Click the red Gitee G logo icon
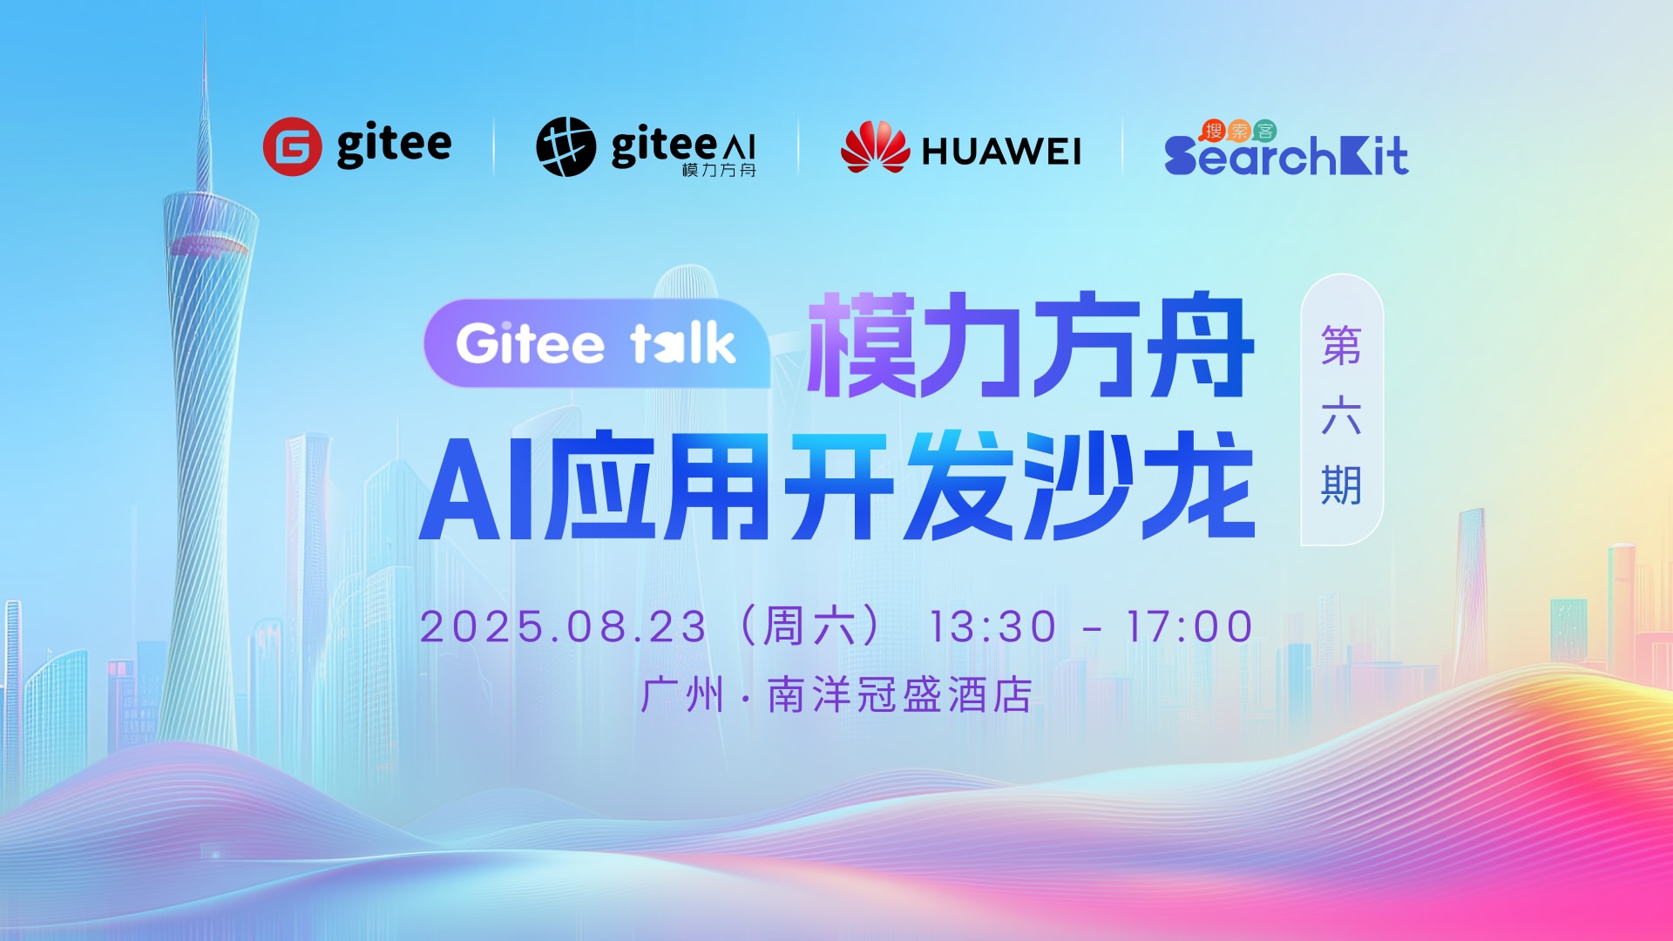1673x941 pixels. [292, 146]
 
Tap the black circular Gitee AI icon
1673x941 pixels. [566, 146]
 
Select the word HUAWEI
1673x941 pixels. [1001, 152]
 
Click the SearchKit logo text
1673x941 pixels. [1286, 155]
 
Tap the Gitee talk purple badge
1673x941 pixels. [597, 343]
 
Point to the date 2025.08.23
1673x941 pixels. [563, 626]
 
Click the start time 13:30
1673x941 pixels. [992, 626]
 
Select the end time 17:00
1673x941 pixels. [1189, 626]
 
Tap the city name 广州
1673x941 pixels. [682, 695]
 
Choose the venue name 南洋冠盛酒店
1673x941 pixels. [900, 695]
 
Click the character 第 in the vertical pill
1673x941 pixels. [1341, 346]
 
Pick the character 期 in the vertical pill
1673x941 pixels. [1341, 484]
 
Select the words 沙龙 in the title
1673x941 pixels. [1140, 485]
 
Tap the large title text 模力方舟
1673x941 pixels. [1031, 345]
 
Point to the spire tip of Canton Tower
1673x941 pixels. [206, 12]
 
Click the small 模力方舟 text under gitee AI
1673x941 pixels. [719, 170]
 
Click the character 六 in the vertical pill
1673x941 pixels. [1341, 415]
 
